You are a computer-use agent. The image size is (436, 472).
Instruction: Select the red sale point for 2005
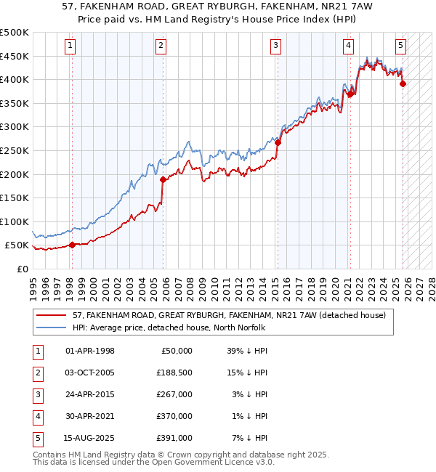point(163,179)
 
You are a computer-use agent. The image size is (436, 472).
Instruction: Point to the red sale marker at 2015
point(278,142)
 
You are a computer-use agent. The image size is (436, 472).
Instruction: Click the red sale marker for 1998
point(72,245)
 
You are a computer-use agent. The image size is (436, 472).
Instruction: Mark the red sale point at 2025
point(403,84)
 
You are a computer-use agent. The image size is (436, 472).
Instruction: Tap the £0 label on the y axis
point(22,269)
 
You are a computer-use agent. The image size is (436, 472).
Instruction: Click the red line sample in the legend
point(51,316)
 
